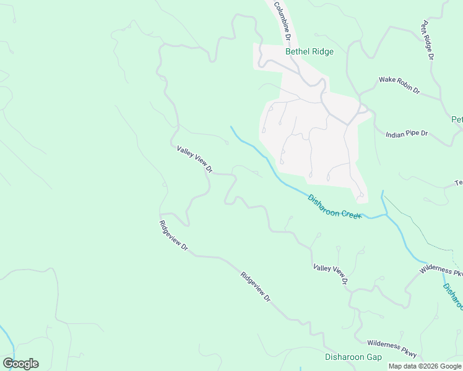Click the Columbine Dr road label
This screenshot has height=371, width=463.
[282, 20]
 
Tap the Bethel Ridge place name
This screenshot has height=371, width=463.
[309, 52]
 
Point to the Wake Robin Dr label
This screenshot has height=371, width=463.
[399, 85]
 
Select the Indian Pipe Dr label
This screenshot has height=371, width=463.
[407, 134]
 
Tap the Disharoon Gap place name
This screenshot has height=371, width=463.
[353, 357]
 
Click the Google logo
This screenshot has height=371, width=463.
[20, 364]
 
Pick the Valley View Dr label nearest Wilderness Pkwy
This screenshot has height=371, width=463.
[331, 275]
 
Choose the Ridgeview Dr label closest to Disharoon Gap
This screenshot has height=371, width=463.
[256, 288]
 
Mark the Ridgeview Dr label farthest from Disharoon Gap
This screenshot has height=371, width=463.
[173, 236]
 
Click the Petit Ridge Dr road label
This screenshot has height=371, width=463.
[427, 40]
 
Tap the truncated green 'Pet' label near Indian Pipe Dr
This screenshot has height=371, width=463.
[457, 119]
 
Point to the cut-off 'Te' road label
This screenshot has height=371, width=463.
[459, 183]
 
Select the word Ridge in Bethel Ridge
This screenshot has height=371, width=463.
[322, 52]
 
